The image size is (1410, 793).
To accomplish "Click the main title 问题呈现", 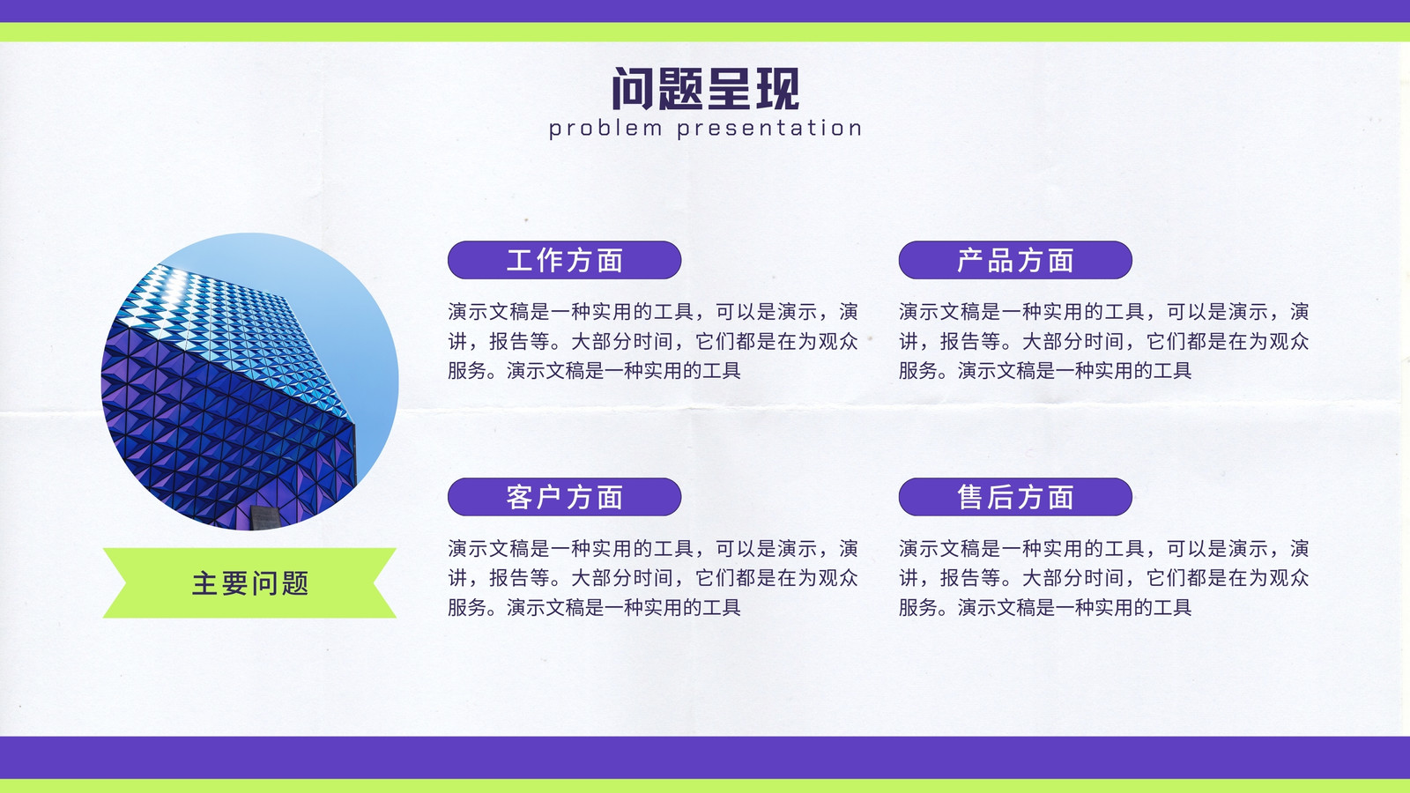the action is (705, 89).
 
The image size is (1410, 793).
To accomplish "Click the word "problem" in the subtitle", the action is (605, 129).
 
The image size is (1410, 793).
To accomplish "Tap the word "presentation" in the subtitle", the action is (769, 129).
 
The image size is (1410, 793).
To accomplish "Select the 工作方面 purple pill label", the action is (565, 260).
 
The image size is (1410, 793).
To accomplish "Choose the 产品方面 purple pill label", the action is (1015, 260).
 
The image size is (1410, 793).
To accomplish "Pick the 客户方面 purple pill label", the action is (565, 497).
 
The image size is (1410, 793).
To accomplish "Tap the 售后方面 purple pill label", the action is (1015, 497).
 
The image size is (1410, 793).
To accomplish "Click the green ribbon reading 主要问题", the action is (250, 582).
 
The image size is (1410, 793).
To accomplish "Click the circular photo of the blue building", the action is (250, 382).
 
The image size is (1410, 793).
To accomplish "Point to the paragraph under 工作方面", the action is (653, 341).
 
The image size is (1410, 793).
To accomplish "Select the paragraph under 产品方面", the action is (1104, 341).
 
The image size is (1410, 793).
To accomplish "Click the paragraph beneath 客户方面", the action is (653, 578).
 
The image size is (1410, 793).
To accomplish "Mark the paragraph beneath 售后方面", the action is (1104, 578).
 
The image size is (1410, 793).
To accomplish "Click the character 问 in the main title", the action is (634, 89).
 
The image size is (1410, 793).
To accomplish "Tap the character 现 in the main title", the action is (777, 89).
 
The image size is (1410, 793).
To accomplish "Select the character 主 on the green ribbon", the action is (204, 583).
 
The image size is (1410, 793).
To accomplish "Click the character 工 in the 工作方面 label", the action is (520, 261).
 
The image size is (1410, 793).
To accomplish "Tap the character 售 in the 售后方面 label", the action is (970, 497).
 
